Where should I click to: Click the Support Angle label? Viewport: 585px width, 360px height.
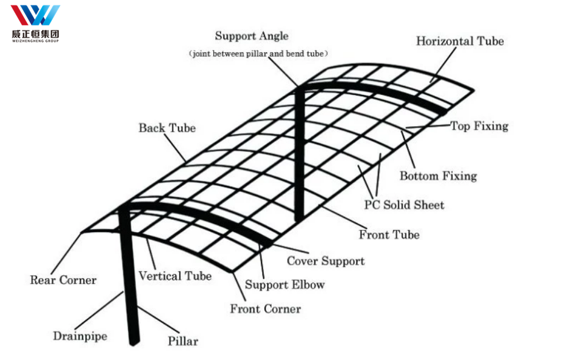pyautogui.click(x=252, y=36)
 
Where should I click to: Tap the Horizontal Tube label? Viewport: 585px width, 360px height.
pyautogui.click(x=459, y=41)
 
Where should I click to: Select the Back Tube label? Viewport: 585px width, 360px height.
pyautogui.click(x=167, y=128)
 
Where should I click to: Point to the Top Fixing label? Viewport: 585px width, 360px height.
pyautogui.click(x=479, y=126)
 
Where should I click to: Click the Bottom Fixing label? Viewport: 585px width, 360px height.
pyautogui.click(x=438, y=176)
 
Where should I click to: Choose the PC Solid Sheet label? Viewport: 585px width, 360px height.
pyautogui.click(x=404, y=205)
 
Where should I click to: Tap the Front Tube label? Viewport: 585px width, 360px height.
pyautogui.click(x=389, y=234)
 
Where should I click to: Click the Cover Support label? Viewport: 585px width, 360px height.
pyautogui.click(x=325, y=261)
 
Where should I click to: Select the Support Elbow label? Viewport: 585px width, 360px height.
pyautogui.click(x=285, y=284)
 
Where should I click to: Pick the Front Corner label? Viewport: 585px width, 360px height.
pyautogui.click(x=265, y=309)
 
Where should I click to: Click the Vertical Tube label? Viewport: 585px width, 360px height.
pyautogui.click(x=175, y=276)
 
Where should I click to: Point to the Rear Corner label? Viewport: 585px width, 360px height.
pyautogui.click(x=63, y=280)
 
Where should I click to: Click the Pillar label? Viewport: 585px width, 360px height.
pyautogui.click(x=183, y=341)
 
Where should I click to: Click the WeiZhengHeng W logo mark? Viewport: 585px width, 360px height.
pyautogui.click(x=35, y=15)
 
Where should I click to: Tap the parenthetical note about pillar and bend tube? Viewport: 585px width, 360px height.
pyautogui.click(x=259, y=54)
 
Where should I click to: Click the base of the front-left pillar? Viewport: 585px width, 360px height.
pyautogui.click(x=134, y=341)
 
